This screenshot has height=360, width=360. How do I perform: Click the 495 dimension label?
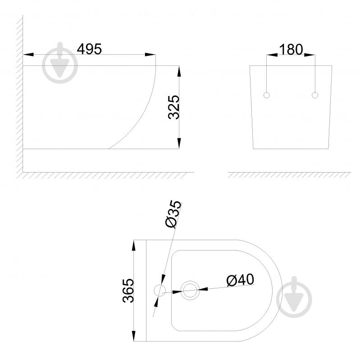click(x=89, y=49)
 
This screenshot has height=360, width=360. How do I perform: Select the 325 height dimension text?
click(x=173, y=107)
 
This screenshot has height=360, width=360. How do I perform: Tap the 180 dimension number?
click(x=291, y=50)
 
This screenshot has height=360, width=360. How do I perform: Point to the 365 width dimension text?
click(x=128, y=291)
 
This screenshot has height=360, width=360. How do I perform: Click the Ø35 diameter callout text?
click(x=173, y=214)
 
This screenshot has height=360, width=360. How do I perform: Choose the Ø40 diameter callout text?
click(x=240, y=280)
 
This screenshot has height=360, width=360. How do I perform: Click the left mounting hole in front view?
click(x=267, y=95)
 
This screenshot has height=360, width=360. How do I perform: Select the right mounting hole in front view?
click(x=315, y=95)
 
